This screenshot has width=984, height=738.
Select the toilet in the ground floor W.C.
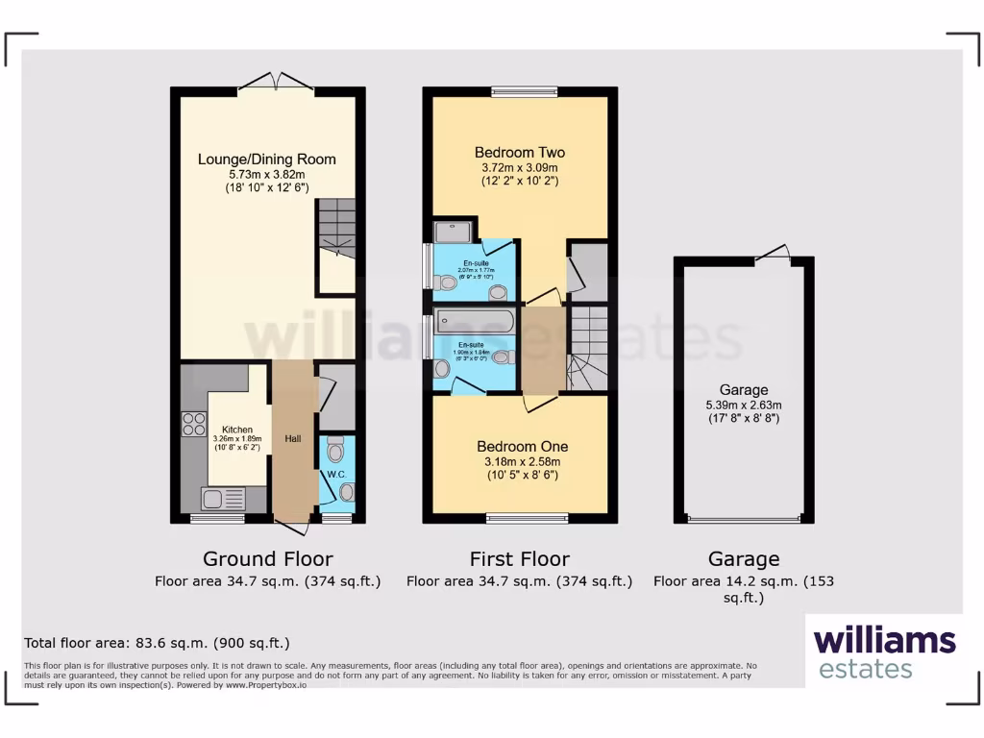click(334, 449)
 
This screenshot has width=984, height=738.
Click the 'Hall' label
click(292, 438)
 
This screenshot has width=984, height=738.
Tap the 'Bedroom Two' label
click(520, 152)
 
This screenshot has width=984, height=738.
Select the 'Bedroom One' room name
click(523, 446)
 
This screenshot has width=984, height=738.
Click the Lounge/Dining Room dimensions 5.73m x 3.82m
click(266, 175)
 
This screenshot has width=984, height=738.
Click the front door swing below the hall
click(293, 526)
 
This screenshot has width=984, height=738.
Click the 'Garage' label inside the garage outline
click(744, 389)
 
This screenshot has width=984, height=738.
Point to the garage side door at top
click(773, 254)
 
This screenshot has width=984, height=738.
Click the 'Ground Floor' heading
click(267, 558)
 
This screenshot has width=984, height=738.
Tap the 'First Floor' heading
click(519, 558)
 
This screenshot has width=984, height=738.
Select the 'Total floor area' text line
click(156, 643)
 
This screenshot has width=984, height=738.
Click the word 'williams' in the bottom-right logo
click(884, 640)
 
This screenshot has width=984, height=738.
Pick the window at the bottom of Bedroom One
click(527, 519)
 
